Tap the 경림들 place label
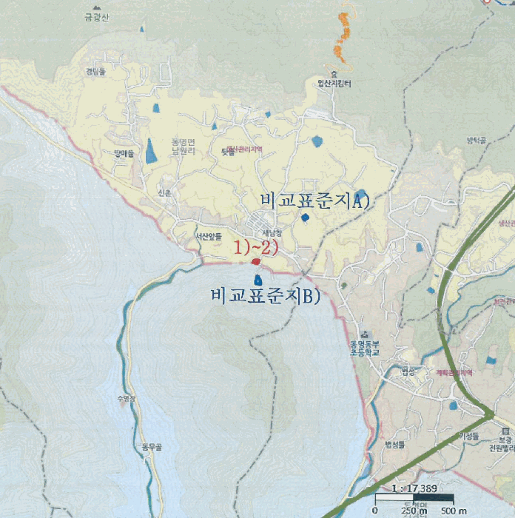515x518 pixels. [x=96, y=72]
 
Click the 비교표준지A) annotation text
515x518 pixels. [x=314, y=200]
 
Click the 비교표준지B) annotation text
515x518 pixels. [x=265, y=297]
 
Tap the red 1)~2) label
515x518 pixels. [x=256, y=247]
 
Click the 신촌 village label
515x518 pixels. [x=164, y=192]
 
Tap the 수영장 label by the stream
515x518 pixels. [x=127, y=399]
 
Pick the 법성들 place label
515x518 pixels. [x=395, y=444]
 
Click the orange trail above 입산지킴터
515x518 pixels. [x=343, y=37]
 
